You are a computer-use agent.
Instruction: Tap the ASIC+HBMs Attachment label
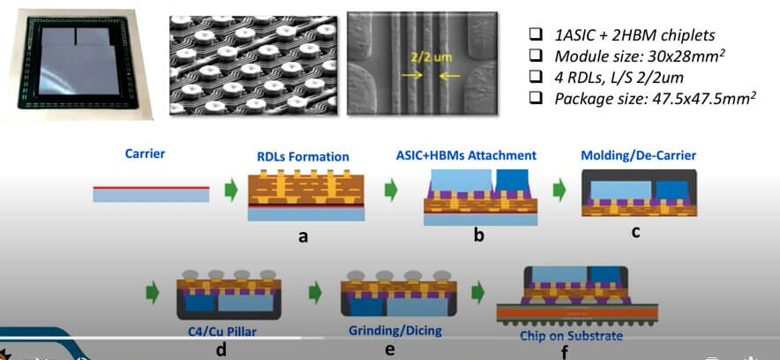[x=466, y=155]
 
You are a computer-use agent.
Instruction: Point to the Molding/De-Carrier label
[x=638, y=155]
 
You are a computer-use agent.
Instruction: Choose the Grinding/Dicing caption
[x=395, y=331]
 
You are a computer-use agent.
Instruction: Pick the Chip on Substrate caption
[x=571, y=335]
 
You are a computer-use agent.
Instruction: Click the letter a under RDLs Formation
[x=303, y=236]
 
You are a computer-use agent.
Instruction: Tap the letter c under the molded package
[x=635, y=232]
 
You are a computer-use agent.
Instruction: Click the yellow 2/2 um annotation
[x=431, y=57]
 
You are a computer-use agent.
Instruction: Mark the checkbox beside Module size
[x=536, y=56]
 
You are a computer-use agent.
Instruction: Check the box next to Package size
[x=536, y=98]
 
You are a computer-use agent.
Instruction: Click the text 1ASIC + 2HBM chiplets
[x=634, y=35]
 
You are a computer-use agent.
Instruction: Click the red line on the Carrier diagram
[x=151, y=188]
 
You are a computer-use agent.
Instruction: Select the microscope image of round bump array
[x=253, y=65]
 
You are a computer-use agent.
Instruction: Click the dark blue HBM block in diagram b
[x=511, y=181]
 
